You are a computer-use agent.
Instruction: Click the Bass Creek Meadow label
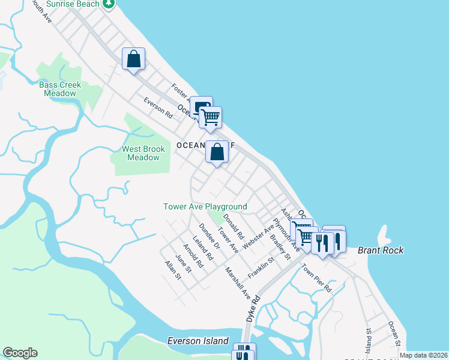pos(60,89)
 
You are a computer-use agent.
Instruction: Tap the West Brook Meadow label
pos(143,153)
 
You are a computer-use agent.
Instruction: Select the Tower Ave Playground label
pos(205,206)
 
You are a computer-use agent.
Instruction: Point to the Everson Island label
pos(197,341)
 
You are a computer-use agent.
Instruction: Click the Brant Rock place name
pos(381,250)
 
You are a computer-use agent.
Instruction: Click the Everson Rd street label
pos(158,107)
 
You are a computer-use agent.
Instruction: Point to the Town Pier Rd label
pos(316,278)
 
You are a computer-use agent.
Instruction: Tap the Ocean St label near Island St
pos(394,334)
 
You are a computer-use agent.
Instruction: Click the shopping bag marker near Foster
pos(133,60)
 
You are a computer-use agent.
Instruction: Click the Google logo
pos(20,353)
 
